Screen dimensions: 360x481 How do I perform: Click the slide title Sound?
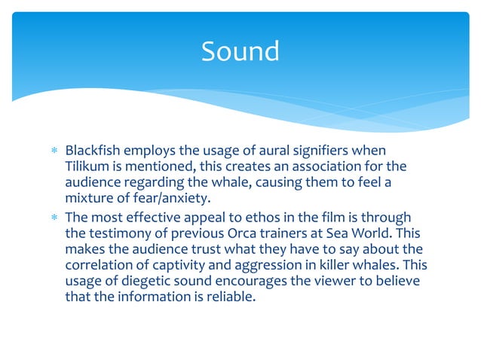pyautogui.click(x=240, y=51)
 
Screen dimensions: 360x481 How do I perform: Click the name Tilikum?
pyautogui.click(x=89, y=166)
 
